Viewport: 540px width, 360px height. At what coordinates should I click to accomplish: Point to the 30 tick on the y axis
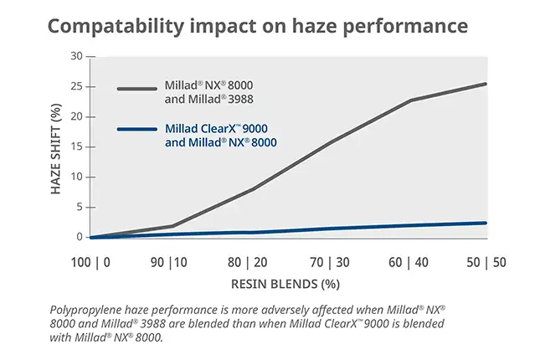77,56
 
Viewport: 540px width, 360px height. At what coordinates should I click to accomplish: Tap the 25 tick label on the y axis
77,86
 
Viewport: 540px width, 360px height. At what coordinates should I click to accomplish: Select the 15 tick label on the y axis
77,147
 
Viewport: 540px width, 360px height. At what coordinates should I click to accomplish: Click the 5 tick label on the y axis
80,207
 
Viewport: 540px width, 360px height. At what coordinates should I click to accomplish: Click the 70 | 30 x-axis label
330,262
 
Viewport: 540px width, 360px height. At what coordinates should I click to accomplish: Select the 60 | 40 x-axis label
409,262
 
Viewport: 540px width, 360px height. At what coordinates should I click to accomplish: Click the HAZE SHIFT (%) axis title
57,147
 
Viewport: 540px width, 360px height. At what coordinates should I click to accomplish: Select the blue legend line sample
136,130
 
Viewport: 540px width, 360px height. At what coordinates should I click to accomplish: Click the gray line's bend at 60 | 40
410,100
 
